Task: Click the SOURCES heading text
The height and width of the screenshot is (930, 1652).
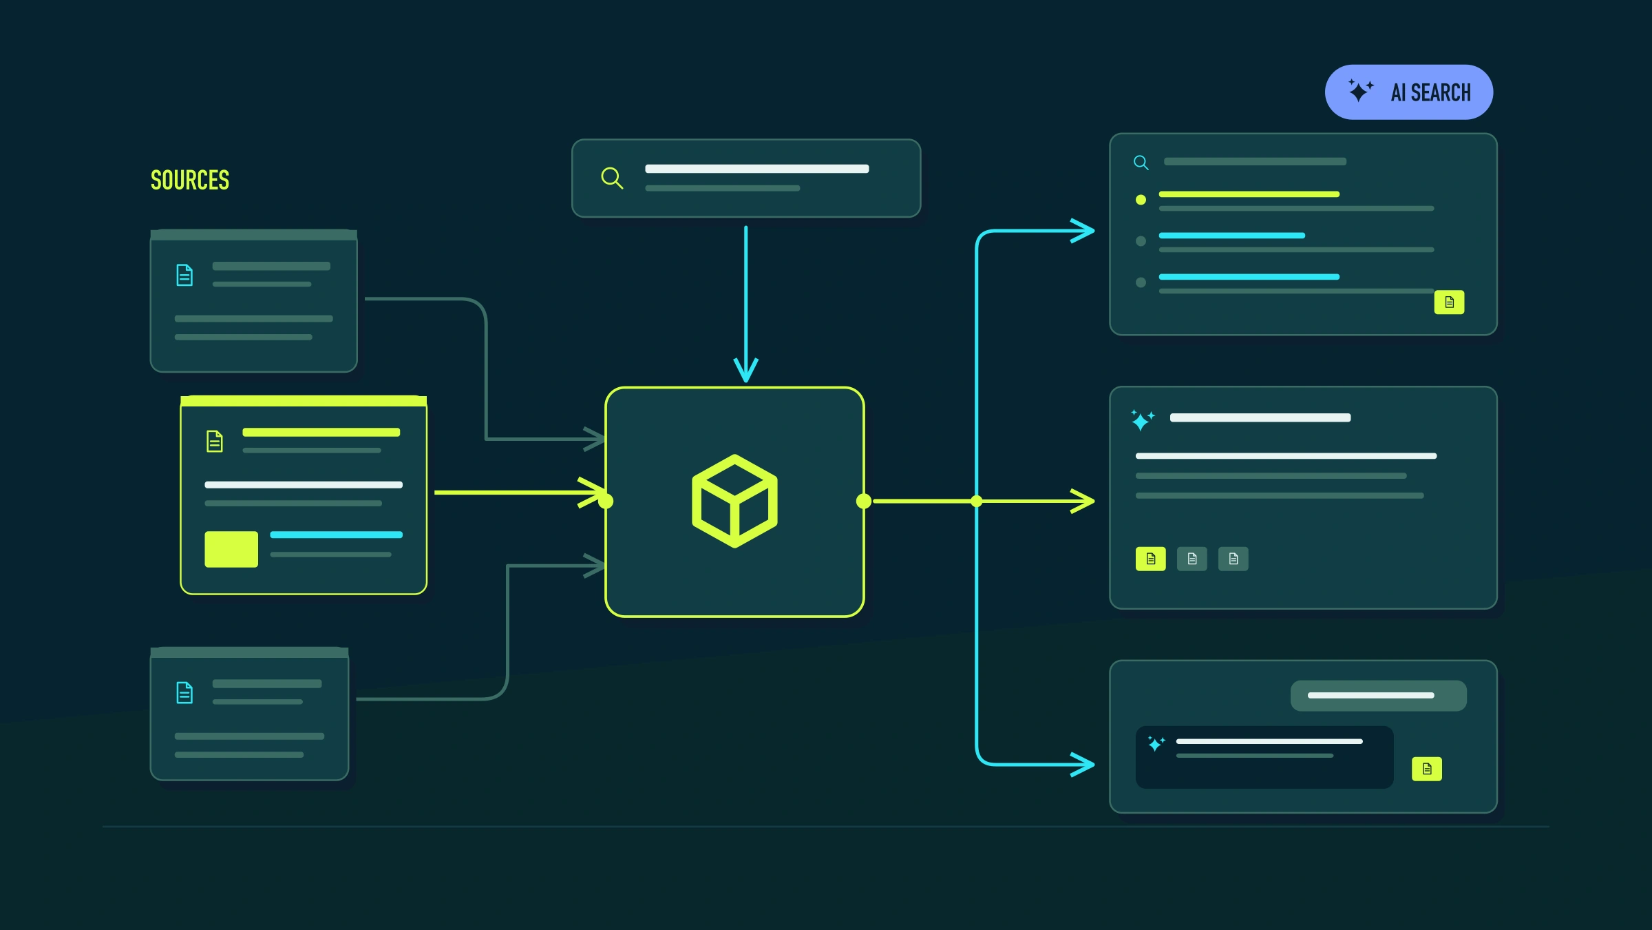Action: click(x=190, y=180)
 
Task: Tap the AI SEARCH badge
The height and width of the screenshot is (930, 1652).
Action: click(x=1408, y=92)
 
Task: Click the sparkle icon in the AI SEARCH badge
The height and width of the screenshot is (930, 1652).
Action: click(x=1360, y=91)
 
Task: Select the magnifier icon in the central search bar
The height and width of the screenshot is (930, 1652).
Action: click(x=612, y=178)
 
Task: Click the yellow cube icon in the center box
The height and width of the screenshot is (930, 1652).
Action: click(x=734, y=502)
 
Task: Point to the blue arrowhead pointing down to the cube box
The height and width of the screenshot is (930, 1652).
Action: click(x=745, y=370)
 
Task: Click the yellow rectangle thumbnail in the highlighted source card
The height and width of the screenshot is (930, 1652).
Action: click(x=231, y=549)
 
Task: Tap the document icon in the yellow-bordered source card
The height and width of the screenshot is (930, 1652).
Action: click(x=215, y=441)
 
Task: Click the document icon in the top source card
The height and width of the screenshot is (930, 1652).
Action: click(x=184, y=275)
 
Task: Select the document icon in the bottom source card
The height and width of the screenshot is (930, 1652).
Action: click(x=184, y=692)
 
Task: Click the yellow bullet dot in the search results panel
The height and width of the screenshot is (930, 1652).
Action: click(x=1141, y=200)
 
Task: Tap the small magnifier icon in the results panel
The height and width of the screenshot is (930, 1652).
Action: click(x=1141, y=163)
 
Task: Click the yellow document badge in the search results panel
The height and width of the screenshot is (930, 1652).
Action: click(x=1449, y=302)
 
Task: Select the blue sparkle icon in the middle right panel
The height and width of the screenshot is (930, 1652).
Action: click(x=1143, y=420)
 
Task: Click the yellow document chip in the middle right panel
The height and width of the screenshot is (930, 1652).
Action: click(x=1150, y=559)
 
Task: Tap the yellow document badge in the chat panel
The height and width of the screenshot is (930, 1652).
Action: click(x=1427, y=769)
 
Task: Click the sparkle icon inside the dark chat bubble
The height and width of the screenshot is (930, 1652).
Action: click(x=1156, y=743)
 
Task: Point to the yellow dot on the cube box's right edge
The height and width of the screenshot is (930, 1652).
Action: click(x=864, y=502)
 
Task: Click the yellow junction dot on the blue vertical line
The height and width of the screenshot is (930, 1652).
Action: click(x=976, y=502)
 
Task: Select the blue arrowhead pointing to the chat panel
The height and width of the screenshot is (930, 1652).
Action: click(x=1083, y=764)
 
